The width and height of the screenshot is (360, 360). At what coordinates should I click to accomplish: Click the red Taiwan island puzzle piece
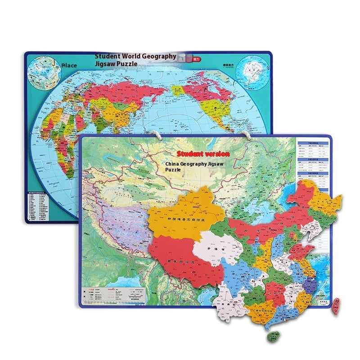click(336, 306)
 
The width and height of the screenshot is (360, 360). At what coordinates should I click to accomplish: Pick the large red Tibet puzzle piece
click(184, 256)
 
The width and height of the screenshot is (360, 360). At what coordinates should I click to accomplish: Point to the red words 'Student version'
click(203, 154)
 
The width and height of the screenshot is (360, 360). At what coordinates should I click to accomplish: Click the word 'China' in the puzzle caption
click(173, 165)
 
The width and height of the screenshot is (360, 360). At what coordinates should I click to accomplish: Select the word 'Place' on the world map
click(69, 65)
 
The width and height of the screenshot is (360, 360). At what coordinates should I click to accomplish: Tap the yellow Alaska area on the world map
click(177, 90)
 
